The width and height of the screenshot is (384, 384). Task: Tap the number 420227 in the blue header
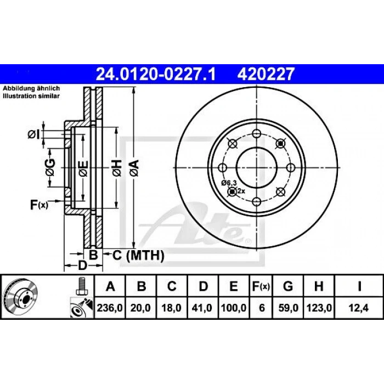(266, 72)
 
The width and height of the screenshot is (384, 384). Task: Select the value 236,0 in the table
(110, 308)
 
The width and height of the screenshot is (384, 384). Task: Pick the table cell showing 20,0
(141, 308)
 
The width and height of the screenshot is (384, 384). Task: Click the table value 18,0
(172, 308)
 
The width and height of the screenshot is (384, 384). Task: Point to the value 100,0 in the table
(234, 308)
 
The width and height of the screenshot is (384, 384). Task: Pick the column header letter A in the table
(110, 286)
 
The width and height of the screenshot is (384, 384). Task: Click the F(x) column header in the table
(261, 286)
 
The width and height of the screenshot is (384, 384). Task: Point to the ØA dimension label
(133, 164)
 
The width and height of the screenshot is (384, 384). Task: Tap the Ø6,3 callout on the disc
(229, 183)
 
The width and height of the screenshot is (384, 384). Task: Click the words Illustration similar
(32, 95)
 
